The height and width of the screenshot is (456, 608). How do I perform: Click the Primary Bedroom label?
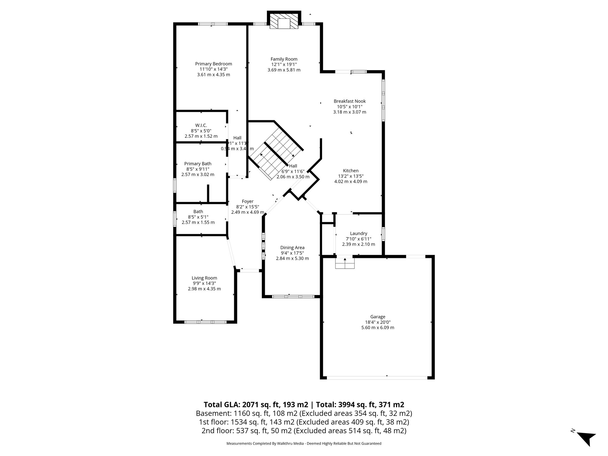point(213,64)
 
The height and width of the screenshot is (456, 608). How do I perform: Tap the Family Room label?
point(284,59)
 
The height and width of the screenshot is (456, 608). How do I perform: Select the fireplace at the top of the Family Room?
point(284,21)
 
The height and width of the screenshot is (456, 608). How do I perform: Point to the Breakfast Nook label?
point(349,101)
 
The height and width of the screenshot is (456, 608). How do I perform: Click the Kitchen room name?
point(351,171)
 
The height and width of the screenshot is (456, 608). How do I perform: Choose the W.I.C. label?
point(201,126)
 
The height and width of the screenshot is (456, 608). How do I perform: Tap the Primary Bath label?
point(198,164)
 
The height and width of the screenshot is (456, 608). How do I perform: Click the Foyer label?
point(248,202)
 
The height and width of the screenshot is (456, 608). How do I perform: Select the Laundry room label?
point(358,234)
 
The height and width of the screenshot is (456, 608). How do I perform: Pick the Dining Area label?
point(292,248)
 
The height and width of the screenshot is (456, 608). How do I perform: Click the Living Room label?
point(204,278)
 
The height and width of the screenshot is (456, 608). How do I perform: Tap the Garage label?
point(378,317)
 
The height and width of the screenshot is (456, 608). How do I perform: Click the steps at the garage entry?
point(345,263)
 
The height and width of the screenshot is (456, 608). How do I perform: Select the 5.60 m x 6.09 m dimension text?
point(378,328)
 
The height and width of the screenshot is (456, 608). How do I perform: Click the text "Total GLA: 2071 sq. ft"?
point(256,405)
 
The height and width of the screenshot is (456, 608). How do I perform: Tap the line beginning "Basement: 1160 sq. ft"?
point(304,413)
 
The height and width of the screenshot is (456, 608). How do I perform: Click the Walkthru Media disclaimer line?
point(304,444)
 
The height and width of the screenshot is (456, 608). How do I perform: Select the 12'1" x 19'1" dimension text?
point(284,64)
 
